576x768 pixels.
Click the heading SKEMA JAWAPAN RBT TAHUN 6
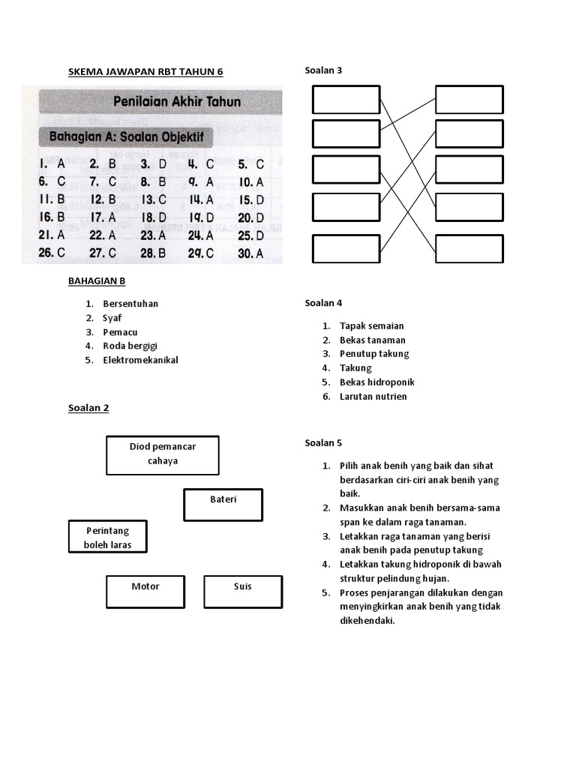[145, 71]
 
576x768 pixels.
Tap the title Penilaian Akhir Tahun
[176, 100]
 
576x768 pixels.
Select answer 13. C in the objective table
[153, 199]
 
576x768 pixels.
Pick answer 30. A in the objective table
[251, 253]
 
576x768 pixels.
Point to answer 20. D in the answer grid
[251, 217]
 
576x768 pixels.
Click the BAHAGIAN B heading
[97, 280]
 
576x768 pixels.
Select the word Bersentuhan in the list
[130, 304]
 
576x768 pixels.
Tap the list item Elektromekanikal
[140, 360]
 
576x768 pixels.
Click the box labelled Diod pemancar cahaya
[163, 454]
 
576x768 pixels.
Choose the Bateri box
[223, 505]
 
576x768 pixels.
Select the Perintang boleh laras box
[108, 538]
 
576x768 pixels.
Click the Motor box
[145, 592]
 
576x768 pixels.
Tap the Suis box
[242, 592]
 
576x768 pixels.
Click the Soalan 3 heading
[323, 70]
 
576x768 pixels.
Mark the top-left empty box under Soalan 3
[346, 100]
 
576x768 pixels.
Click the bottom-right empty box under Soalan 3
[469, 249]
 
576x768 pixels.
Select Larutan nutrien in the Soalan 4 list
[373, 396]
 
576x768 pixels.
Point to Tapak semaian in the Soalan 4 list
[371, 325]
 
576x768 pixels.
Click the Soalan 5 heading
[323, 442]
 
